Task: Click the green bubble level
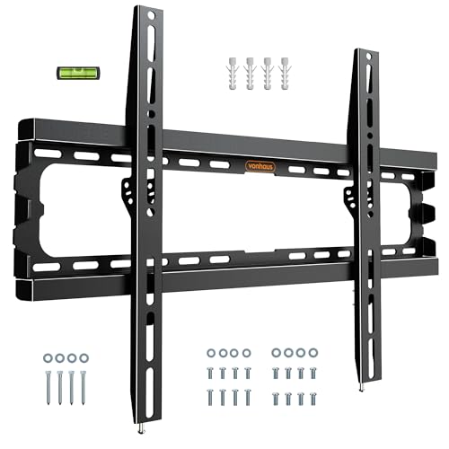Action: coord(78,73)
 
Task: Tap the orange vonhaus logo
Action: coord(260,166)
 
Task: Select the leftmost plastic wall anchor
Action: coord(234,74)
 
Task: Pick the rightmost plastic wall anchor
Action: coord(285,74)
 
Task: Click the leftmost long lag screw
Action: coord(48,388)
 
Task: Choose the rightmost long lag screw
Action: coord(83,388)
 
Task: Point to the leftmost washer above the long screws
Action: coord(48,357)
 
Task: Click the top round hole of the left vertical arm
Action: coord(152,15)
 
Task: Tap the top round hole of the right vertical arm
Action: coord(368,56)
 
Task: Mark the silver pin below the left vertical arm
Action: coord(140,429)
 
